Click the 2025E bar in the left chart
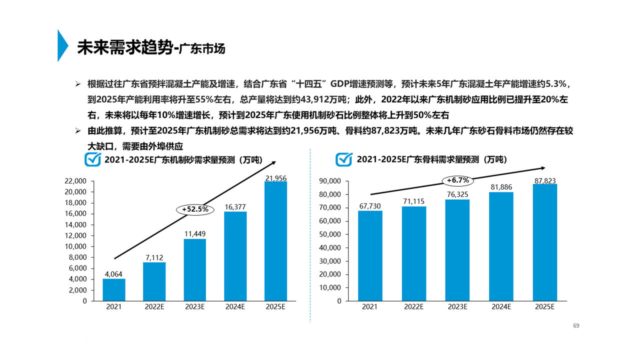275,241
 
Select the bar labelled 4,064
114,290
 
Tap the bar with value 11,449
194,270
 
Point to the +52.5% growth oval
195,209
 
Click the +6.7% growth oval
458,180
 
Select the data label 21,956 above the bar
276,178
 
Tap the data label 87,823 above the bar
545,180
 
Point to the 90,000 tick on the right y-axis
331,181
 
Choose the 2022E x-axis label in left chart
154,307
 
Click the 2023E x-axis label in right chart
457,307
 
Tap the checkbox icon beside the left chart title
92,159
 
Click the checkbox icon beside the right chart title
344,159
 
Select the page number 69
576,326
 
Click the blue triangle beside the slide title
62,46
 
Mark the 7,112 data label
154,257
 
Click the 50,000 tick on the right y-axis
331,234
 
